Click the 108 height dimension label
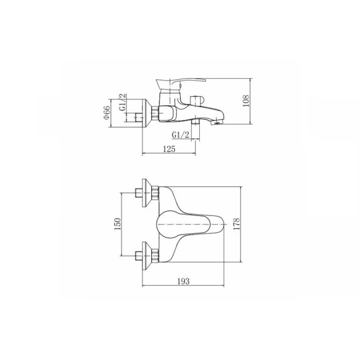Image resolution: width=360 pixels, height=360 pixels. [x=246, y=100]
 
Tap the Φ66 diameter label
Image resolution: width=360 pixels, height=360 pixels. [x=107, y=112]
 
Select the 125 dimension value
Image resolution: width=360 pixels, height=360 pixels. [x=169, y=149]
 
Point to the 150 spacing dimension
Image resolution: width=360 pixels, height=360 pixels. [x=117, y=224]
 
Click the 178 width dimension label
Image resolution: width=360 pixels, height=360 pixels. [x=236, y=224]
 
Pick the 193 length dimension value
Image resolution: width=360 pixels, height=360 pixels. [x=184, y=281]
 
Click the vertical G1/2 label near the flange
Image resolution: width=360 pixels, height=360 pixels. [x=123, y=102]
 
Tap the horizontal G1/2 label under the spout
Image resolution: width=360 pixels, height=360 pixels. [x=180, y=135]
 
